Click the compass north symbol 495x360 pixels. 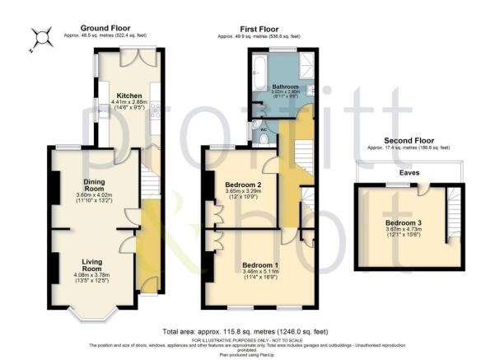(x=38, y=37)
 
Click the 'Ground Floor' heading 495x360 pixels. (x=101, y=27)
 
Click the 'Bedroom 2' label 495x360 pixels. (x=242, y=184)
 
